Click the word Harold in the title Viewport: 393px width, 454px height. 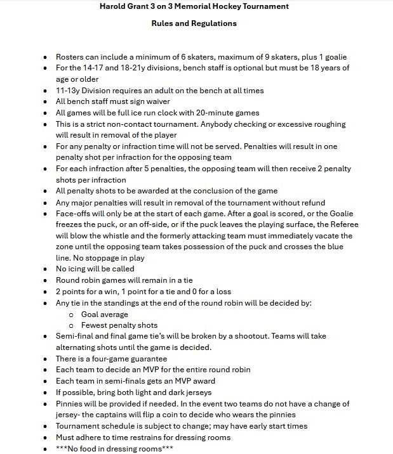point(114,6)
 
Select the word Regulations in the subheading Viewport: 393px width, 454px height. point(215,23)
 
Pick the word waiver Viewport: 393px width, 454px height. point(155,101)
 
